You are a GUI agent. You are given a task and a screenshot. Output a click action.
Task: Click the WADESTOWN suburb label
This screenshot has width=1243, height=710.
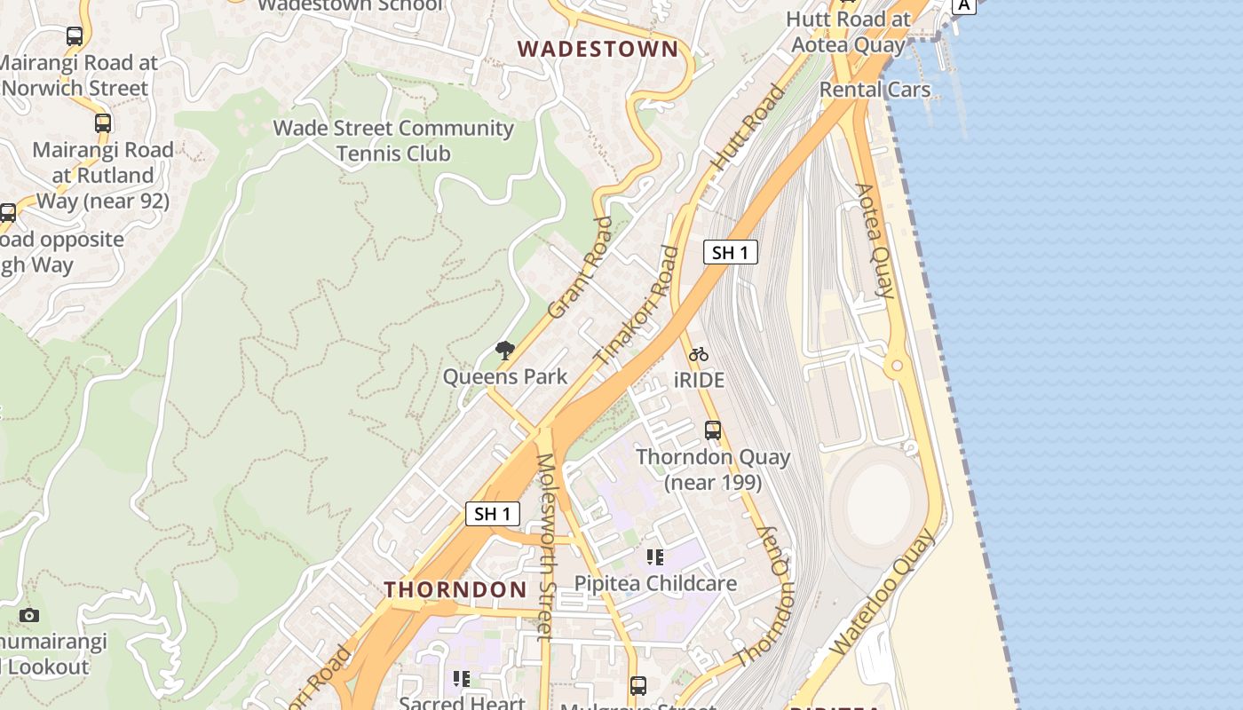(x=598, y=49)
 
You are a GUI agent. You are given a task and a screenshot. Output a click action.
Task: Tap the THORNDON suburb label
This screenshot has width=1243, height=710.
(x=455, y=589)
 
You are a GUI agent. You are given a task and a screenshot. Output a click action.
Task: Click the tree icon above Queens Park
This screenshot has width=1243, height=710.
(x=505, y=351)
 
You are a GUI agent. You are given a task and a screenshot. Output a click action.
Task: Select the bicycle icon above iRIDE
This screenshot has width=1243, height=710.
(x=699, y=354)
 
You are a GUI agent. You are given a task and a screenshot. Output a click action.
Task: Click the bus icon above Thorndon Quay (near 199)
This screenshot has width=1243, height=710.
(x=713, y=430)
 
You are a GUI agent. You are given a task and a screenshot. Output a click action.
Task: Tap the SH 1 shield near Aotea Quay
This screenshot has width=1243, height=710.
(x=730, y=252)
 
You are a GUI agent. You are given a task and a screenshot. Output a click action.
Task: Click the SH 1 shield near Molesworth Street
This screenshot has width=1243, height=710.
(x=492, y=513)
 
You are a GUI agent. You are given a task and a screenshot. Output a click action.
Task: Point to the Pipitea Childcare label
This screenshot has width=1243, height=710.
(x=655, y=583)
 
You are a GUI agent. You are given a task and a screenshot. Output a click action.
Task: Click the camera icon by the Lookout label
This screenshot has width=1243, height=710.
(x=29, y=615)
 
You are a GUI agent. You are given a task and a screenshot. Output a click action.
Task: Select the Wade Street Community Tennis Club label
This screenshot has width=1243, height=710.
(x=393, y=140)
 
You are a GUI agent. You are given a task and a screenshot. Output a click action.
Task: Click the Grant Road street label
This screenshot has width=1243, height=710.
(x=581, y=267)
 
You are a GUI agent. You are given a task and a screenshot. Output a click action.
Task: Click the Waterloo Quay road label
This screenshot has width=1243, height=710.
(x=882, y=593)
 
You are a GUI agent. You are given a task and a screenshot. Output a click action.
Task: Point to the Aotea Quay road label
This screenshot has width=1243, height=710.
(x=874, y=240)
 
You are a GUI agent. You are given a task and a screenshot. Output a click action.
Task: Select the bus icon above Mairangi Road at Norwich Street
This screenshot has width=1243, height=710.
(x=75, y=36)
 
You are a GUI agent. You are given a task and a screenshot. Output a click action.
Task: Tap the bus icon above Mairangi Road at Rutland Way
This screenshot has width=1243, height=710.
(x=103, y=123)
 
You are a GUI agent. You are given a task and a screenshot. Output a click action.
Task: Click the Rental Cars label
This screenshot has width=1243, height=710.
(x=875, y=90)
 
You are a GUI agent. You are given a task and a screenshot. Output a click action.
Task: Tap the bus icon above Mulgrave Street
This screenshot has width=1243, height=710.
(x=637, y=685)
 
